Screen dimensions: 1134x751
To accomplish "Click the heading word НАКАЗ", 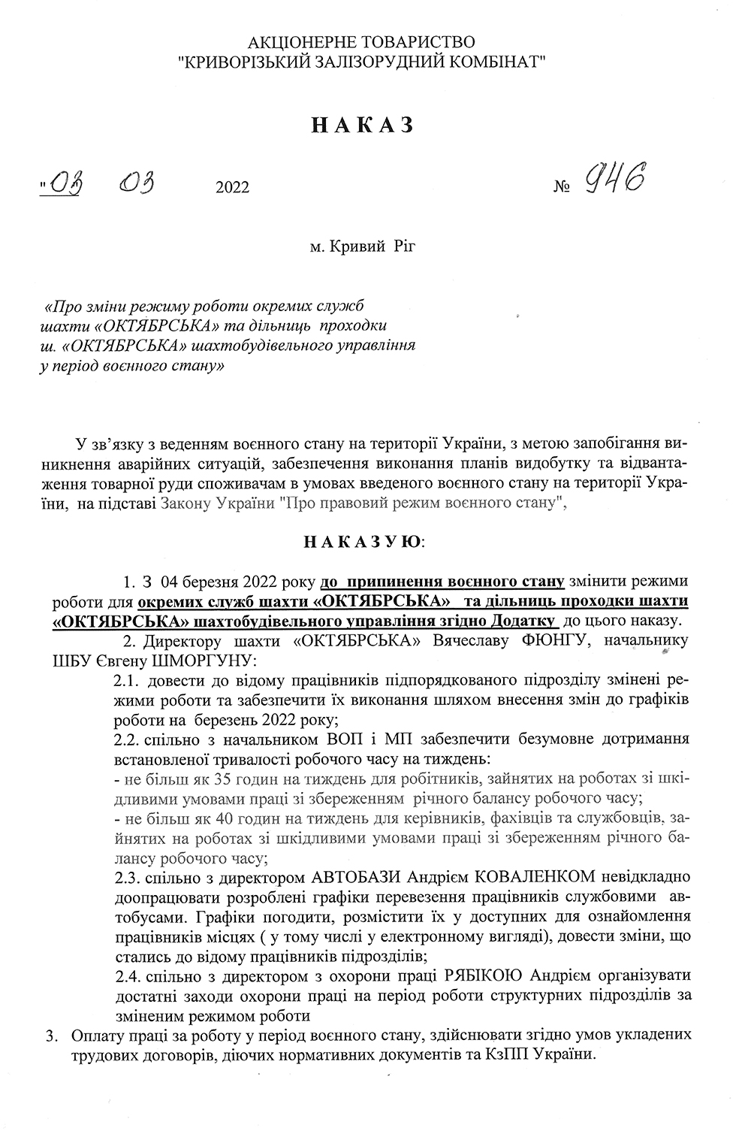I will (x=362, y=125).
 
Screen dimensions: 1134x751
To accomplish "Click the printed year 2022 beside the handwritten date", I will (x=232, y=187).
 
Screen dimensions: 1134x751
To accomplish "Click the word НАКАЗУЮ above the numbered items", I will (x=363, y=541).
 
